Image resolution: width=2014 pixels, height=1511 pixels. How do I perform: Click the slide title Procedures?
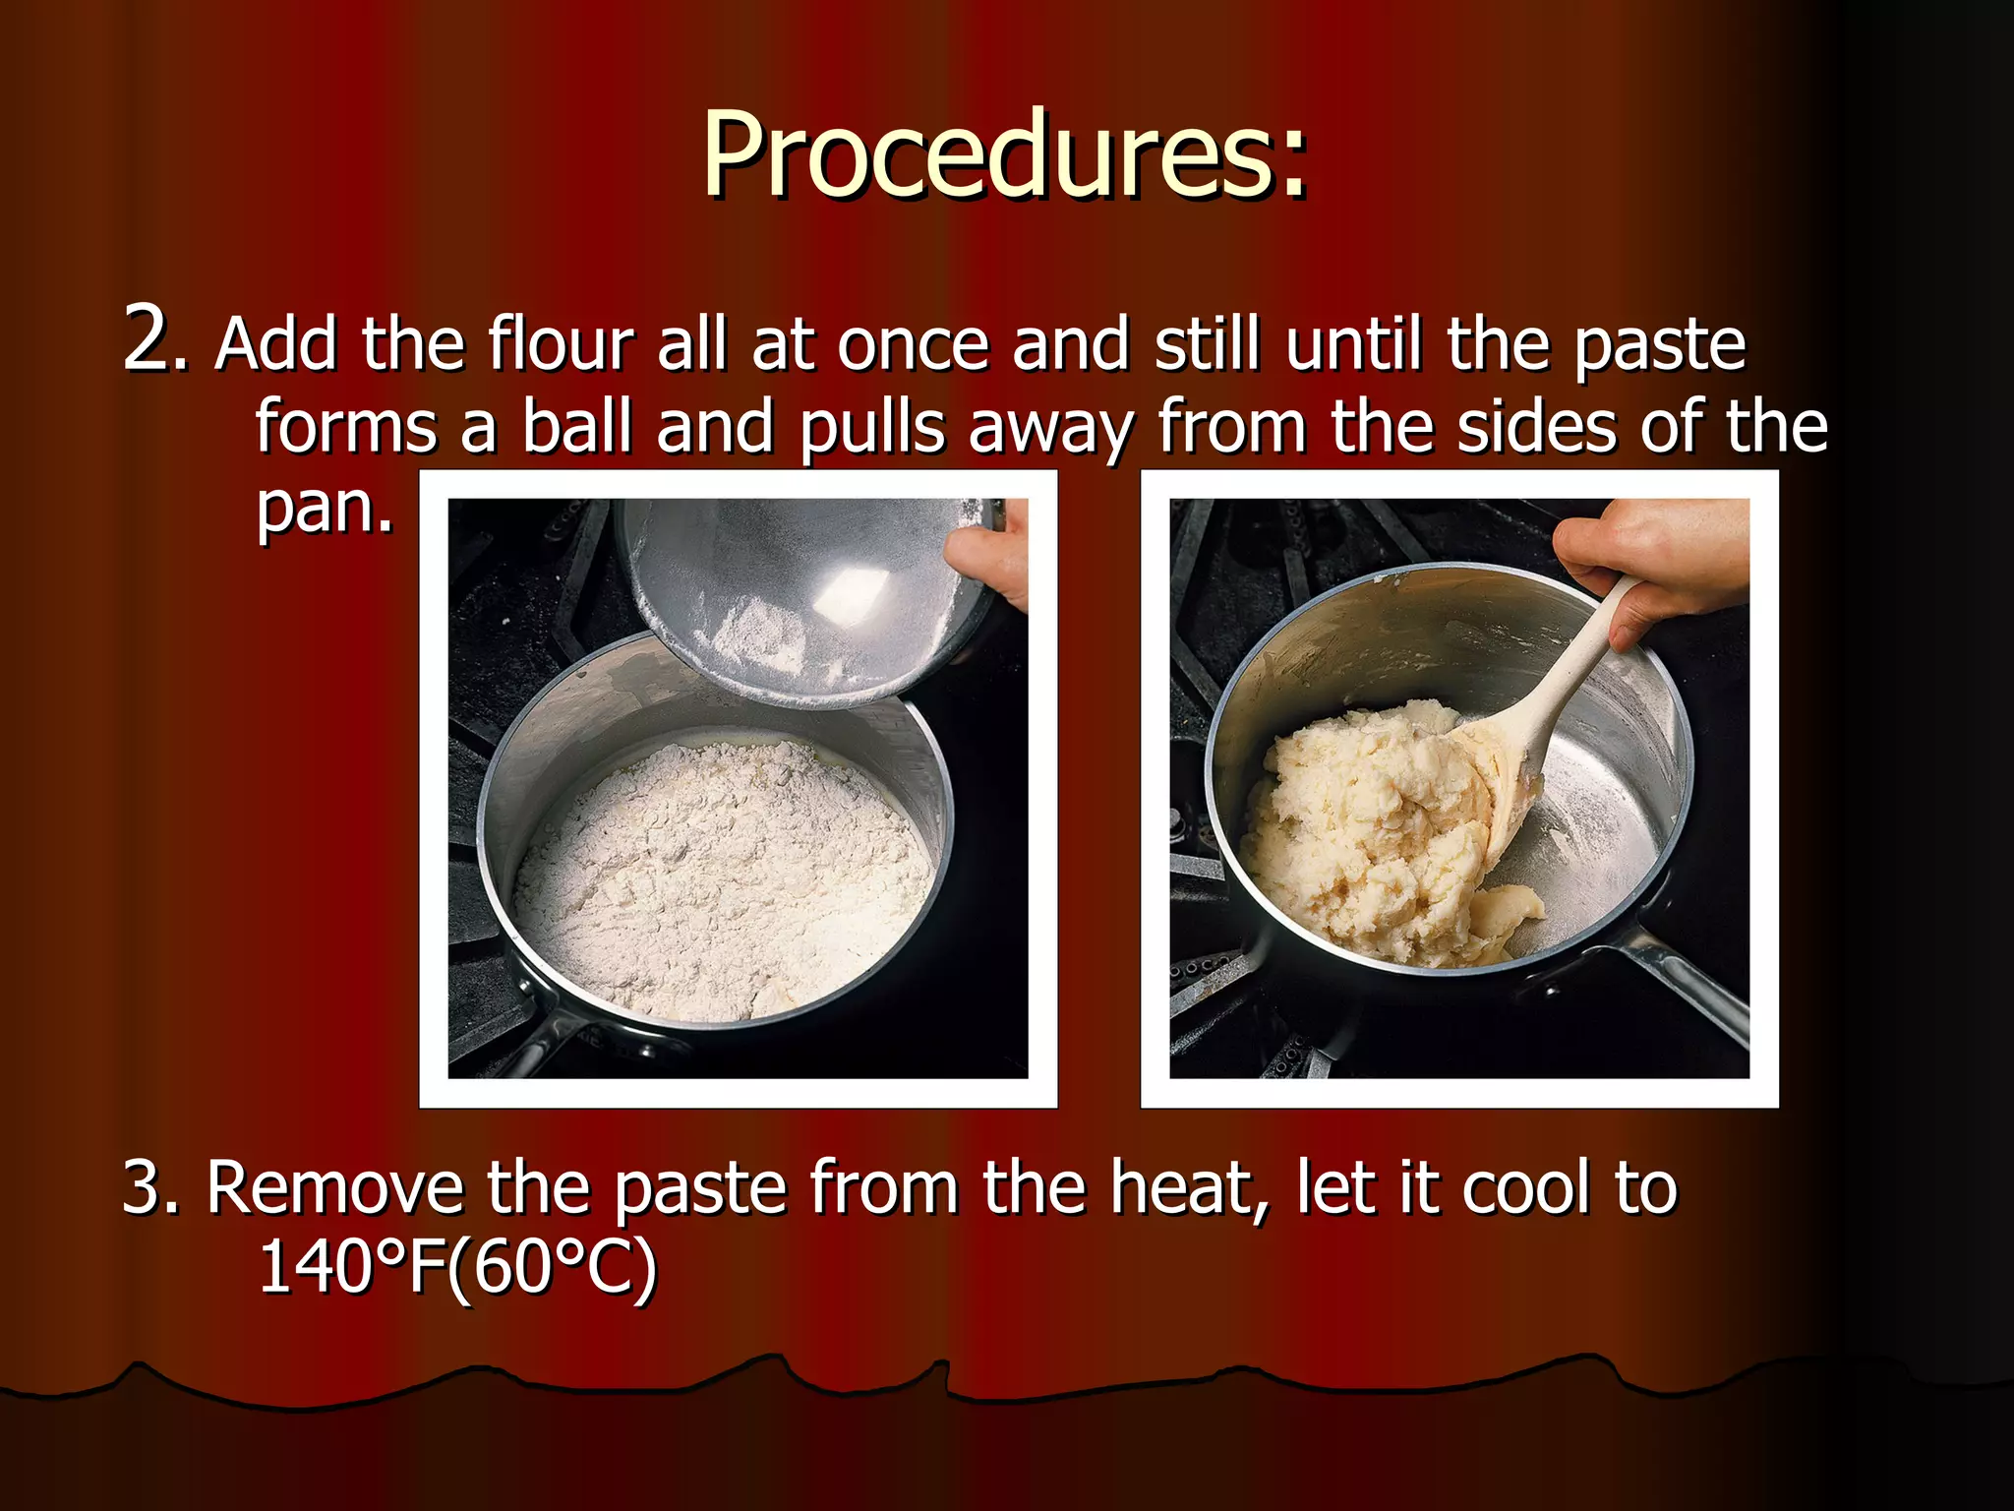click(x=1005, y=154)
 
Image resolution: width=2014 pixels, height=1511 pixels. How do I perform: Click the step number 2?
click(x=152, y=339)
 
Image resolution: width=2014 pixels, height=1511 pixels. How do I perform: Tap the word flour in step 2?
click(x=562, y=344)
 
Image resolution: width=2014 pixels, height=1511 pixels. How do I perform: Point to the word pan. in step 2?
click(x=325, y=508)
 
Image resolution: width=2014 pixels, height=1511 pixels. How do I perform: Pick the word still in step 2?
click(x=1207, y=344)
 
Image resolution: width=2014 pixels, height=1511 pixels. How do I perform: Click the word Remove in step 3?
click(x=334, y=1187)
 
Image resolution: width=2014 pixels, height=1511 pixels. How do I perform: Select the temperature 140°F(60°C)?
click(x=456, y=1267)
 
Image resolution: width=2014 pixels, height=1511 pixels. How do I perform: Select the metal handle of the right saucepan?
click(x=1682, y=984)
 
